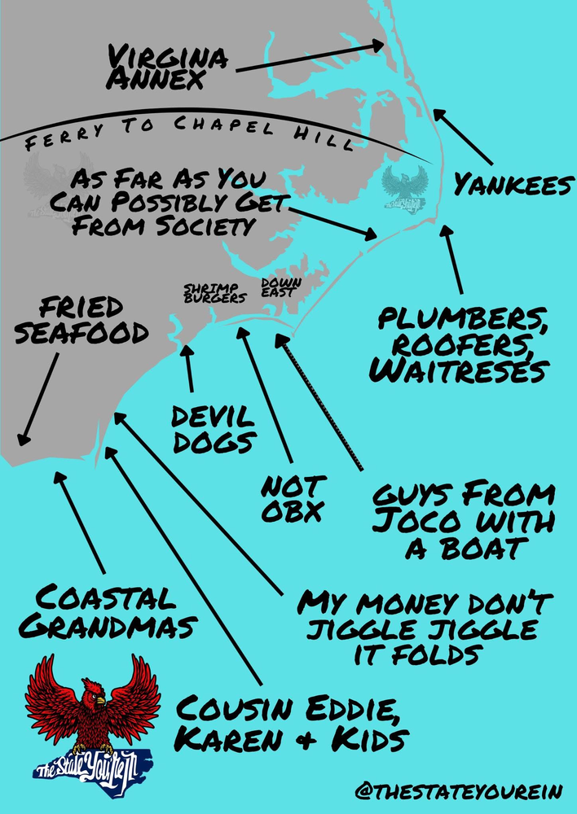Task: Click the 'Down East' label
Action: point(281,287)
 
